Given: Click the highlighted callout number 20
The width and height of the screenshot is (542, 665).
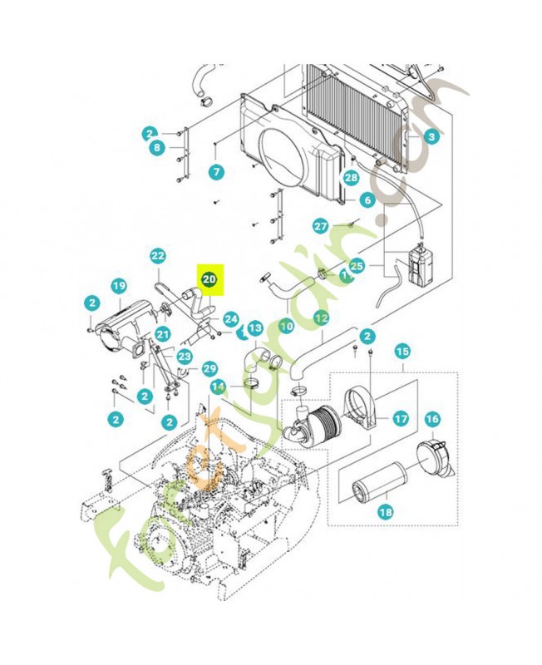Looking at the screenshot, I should (x=209, y=280).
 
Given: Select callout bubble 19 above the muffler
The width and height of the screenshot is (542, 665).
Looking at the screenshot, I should (x=119, y=287).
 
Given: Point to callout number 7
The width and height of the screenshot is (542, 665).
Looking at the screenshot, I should (x=216, y=173).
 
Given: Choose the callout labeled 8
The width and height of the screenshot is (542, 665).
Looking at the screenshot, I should (x=155, y=148).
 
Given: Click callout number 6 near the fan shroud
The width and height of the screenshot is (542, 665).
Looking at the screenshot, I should (x=367, y=200).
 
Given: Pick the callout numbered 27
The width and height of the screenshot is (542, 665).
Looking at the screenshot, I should (x=321, y=226).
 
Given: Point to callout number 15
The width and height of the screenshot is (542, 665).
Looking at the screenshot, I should (x=402, y=352).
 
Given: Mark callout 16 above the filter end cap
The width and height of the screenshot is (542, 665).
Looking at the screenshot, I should (x=432, y=419).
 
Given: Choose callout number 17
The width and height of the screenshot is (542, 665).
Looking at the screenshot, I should (x=401, y=418).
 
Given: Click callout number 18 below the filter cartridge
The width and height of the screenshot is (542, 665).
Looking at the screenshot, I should (x=385, y=512).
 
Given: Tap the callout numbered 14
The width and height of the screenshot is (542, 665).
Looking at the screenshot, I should (x=218, y=386).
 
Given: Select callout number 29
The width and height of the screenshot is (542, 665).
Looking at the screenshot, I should (x=209, y=368).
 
